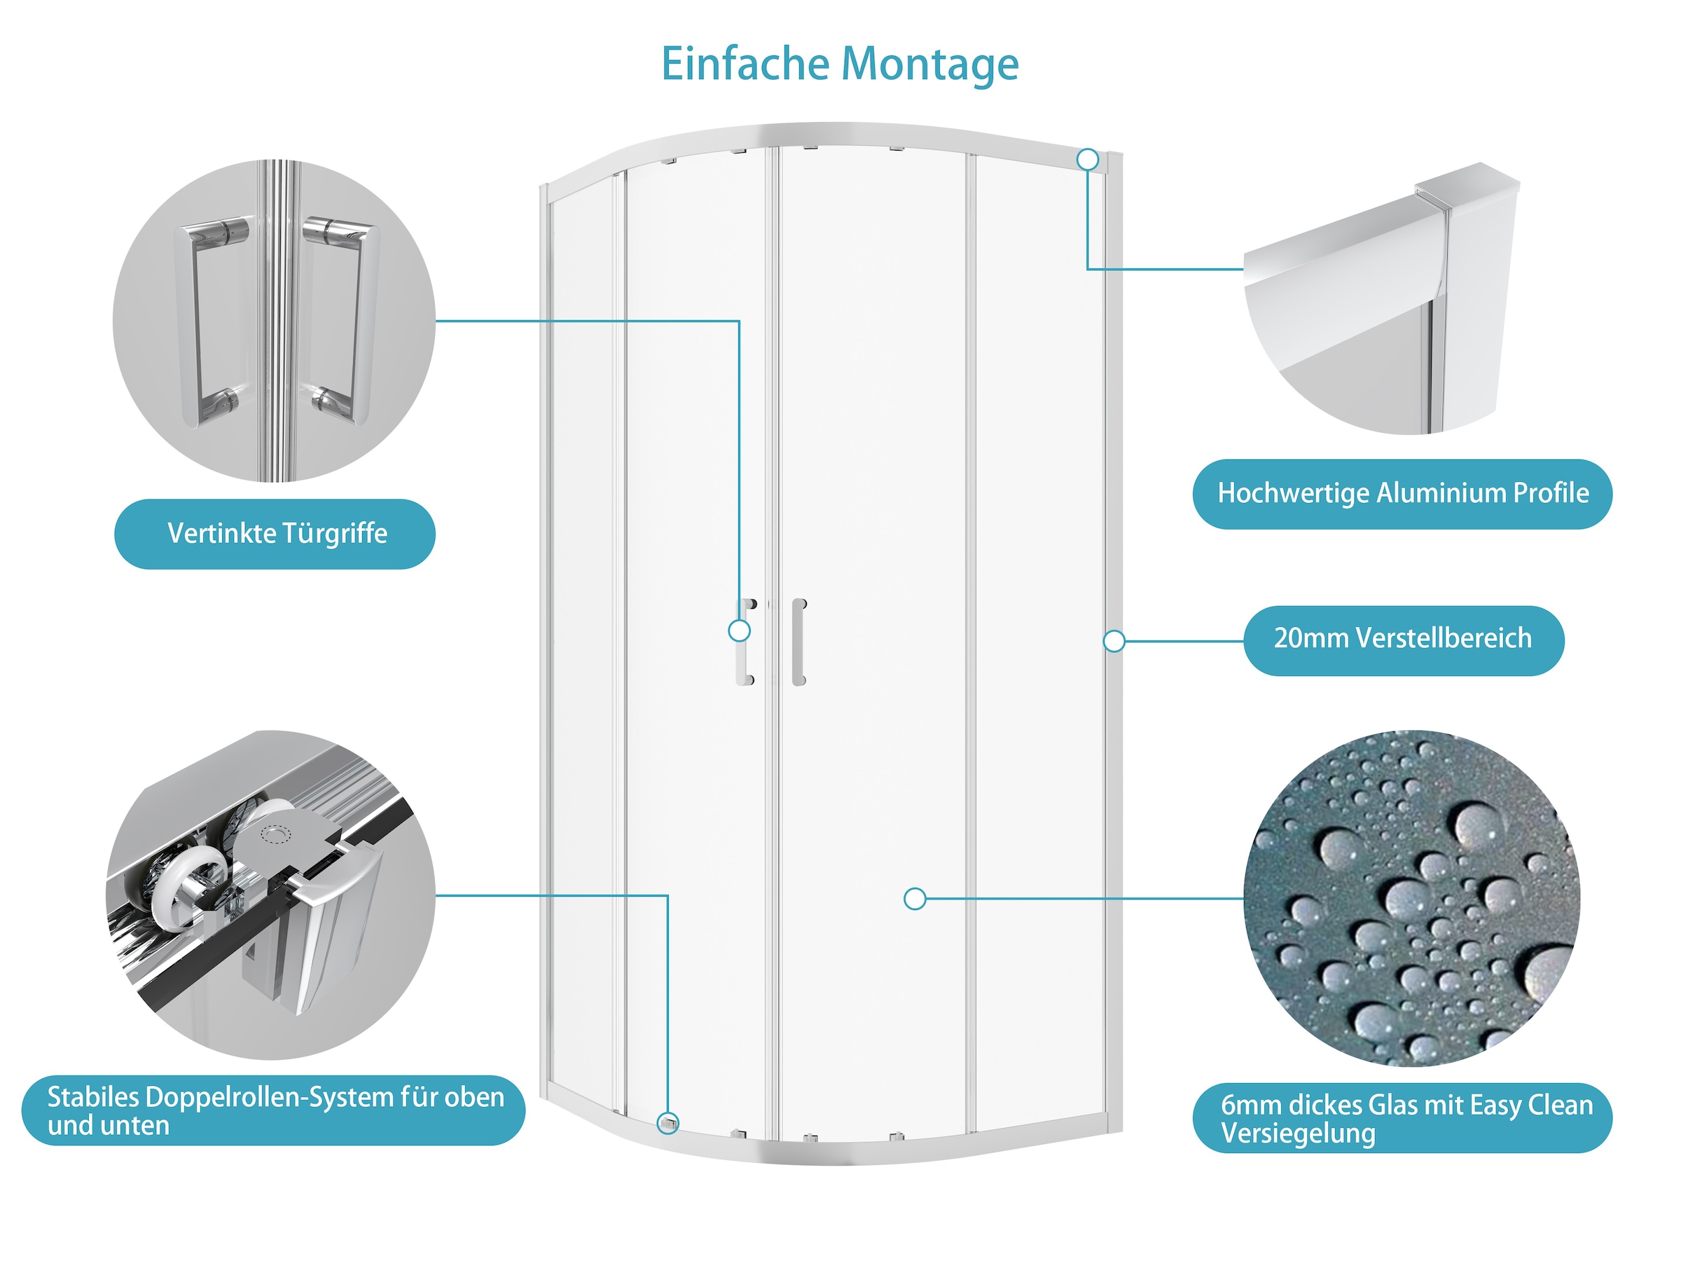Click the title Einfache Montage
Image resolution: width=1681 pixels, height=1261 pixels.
click(x=840, y=64)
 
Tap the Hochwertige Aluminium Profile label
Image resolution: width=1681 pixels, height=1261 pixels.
click(x=1402, y=493)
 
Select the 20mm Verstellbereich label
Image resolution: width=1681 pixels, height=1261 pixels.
click(x=1403, y=638)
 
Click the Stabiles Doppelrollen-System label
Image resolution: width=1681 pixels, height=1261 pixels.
click(x=274, y=1110)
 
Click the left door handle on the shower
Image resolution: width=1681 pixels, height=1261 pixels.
click(x=744, y=643)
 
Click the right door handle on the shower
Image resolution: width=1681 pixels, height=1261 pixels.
click(x=798, y=642)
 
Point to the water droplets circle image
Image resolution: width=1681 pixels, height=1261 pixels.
click(x=1412, y=897)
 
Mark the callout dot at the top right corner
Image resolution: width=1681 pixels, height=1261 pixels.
click(x=1088, y=160)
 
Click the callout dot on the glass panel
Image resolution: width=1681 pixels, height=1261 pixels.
click(x=915, y=900)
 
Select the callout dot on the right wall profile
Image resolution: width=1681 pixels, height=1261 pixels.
click(x=1114, y=641)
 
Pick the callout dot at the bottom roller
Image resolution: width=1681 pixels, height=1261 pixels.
click(x=668, y=1123)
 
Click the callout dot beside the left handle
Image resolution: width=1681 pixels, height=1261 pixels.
click(x=739, y=630)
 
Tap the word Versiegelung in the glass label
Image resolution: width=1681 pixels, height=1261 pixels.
click(x=1298, y=1133)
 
